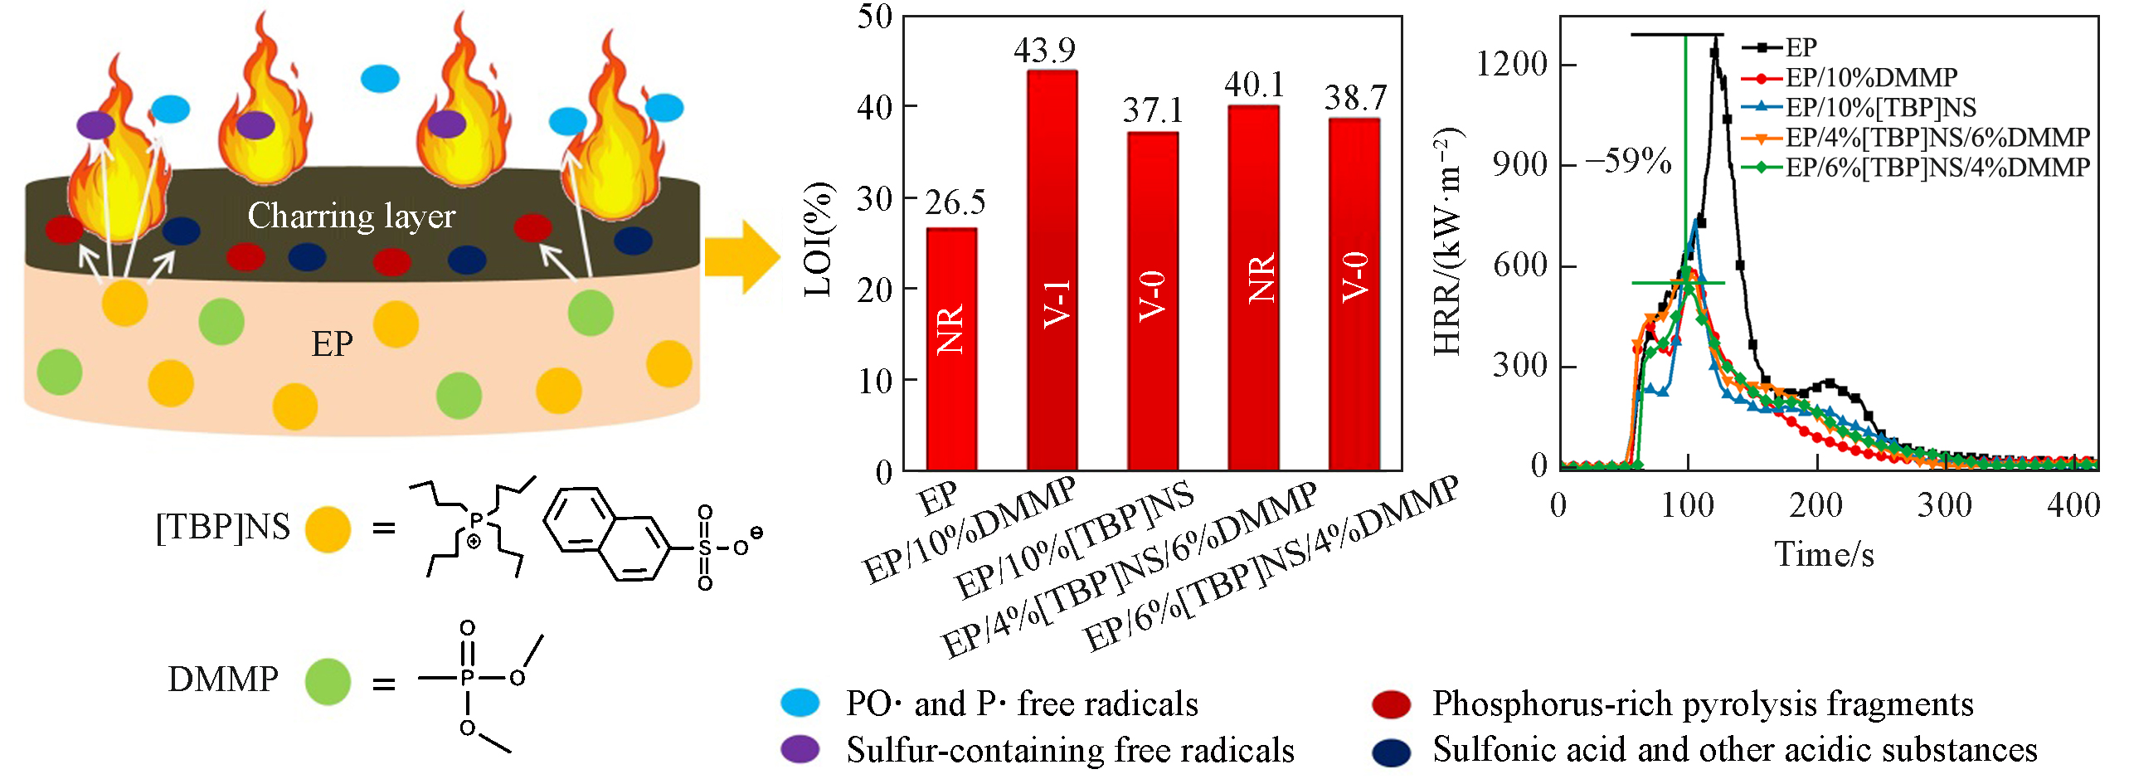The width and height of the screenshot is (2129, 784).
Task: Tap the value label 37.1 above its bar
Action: pyautogui.click(x=1153, y=110)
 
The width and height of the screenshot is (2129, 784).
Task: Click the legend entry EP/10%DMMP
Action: pyautogui.click(x=1870, y=78)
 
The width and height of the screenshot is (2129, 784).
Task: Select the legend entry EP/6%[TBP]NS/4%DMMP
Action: pyautogui.click(x=1937, y=168)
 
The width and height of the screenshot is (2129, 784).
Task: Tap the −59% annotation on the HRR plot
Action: pyautogui.click(x=1629, y=161)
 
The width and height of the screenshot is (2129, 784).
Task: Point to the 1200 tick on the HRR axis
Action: pyautogui.click(x=1512, y=64)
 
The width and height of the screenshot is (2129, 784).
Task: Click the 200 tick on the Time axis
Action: pyautogui.click(x=1815, y=505)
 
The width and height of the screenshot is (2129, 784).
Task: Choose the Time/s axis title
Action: pyautogui.click(x=1824, y=554)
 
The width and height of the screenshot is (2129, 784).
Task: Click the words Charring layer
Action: pyautogui.click(x=352, y=217)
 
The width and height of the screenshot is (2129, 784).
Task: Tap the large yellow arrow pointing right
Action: pyautogui.click(x=741, y=257)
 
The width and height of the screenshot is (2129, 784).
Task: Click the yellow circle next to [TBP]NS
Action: pyautogui.click(x=328, y=529)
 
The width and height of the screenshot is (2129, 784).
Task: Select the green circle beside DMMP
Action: pyautogui.click(x=328, y=681)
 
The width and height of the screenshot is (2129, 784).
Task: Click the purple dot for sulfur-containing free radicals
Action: pyautogui.click(x=800, y=749)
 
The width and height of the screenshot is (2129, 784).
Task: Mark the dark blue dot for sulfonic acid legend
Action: pyautogui.click(x=1391, y=751)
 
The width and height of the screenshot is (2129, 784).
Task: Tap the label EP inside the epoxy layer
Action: pyautogui.click(x=332, y=343)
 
